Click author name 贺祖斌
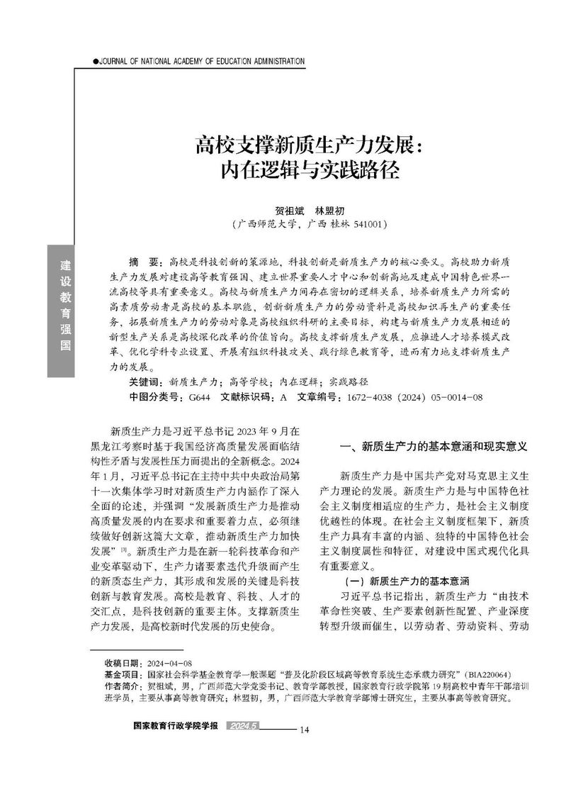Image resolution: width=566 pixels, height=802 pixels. click(x=288, y=210)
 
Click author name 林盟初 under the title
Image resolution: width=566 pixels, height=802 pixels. click(x=330, y=210)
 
